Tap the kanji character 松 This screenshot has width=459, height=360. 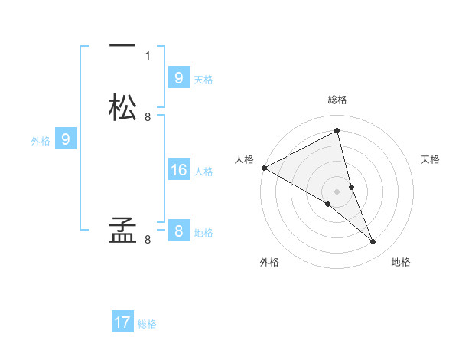click(x=122, y=107)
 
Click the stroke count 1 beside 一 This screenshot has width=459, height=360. click(x=148, y=56)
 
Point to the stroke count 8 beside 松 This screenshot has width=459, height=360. click(x=148, y=117)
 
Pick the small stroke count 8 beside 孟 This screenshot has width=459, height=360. click(x=148, y=240)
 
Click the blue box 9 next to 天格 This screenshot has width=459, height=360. click(x=178, y=77)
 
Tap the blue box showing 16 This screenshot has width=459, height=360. click(x=178, y=170)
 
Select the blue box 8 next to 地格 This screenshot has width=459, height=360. click(x=178, y=231)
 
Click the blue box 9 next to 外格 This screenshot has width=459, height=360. click(x=65, y=139)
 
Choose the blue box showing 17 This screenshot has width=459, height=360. click(x=122, y=322)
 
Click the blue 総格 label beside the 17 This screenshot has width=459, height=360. click(x=147, y=324)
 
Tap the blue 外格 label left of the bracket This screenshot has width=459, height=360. click(x=41, y=141)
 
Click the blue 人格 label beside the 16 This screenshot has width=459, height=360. click(x=203, y=172)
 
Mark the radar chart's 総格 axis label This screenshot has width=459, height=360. click(x=337, y=100)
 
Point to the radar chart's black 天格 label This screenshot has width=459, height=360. click(x=430, y=159)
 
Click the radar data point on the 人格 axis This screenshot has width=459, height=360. click(x=264, y=168)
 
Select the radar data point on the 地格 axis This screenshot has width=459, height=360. click(x=373, y=242)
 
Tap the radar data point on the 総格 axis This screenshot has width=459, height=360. click(x=337, y=131)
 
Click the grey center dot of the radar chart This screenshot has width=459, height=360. click(x=337, y=191)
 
